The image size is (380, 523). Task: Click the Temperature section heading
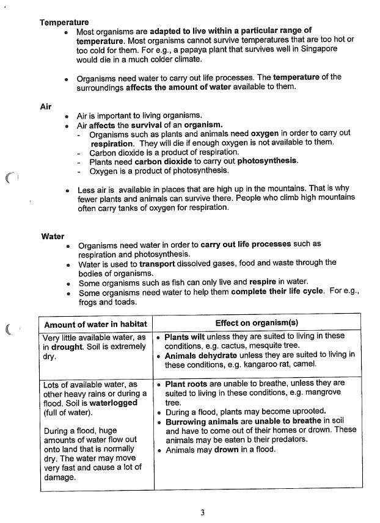pyautogui.click(x=64, y=22)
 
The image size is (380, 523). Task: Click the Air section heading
pyautogui.click(x=45, y=106)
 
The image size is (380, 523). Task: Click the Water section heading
pyautogui.click(x=53, y=236)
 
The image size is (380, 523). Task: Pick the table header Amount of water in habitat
pyautogui.click(x=95, y=324)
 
